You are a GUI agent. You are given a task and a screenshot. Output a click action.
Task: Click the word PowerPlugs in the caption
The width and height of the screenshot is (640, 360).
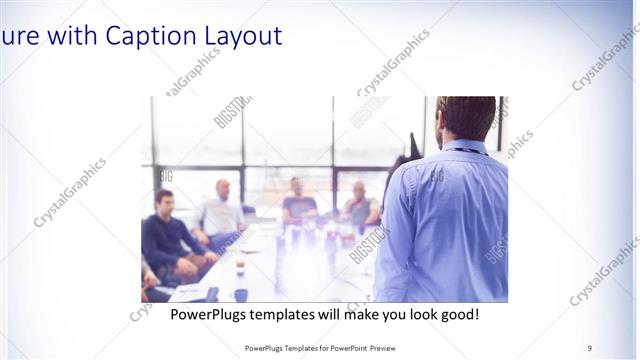click(x=210, y=314)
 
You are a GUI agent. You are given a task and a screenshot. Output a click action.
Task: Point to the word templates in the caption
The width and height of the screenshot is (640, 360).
click(x=291, y=314)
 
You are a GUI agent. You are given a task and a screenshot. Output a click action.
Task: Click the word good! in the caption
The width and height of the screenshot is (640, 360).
click(x=457, y=314)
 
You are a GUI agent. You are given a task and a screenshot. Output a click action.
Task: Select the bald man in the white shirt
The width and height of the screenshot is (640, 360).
click(x=222, y=210)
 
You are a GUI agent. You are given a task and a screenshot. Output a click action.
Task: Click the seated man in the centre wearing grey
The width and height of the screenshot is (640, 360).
click(x=298, y=200)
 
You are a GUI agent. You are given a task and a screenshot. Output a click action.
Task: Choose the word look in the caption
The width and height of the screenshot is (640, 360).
click(x=412, y=314)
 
